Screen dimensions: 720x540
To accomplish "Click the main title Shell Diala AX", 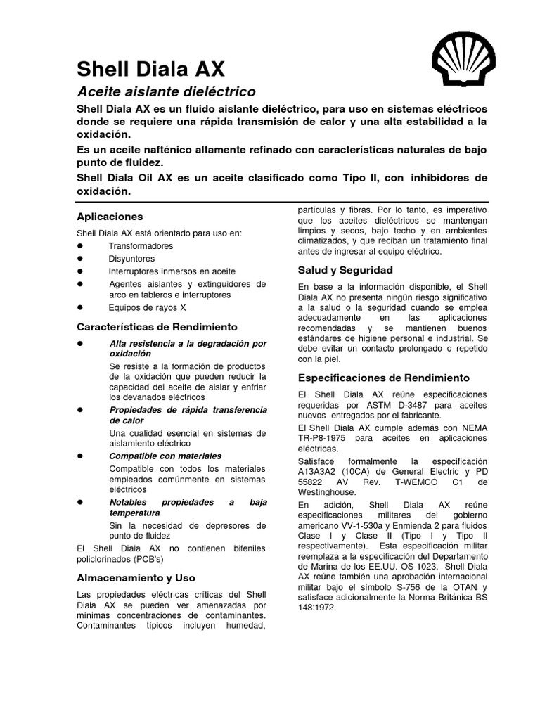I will pyautogui.click(x=150, y=69).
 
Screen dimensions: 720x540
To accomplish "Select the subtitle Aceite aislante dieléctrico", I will pyautogui.click(x=165, y=92).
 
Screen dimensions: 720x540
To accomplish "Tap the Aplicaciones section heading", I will pyautogui.click(x=109, y=217).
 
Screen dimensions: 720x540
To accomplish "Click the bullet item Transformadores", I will pyautogui.click(x=141, y=246).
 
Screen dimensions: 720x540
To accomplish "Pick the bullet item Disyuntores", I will pyautogui.click(x=131, y=259).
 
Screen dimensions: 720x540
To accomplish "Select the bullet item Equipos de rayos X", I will pyautogui.click(x=147, y=308).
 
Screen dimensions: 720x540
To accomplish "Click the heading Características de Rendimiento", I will pyautogui.click(x=157, y=327).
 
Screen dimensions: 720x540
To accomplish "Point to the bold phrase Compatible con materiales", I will pyautogui.click(x=165, y=456).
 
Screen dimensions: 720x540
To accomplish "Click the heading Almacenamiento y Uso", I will pyautogui.click(x=135, y=578).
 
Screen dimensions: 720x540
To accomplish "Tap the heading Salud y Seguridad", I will pyautogui.click(x=345, y=270).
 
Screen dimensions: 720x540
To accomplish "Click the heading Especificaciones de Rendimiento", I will pyautogui.click(x=383, y=378).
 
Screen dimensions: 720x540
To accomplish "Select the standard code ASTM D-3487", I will pyautogui.click(x=398, y=406).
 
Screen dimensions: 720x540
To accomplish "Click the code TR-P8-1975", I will pyautogui.click(x=323, y=438).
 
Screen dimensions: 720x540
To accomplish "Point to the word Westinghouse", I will pyautogui.click(x=326, y=493).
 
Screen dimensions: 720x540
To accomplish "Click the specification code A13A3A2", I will pyautogui.click(x=322, y=471).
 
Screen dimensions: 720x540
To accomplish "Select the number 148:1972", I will pyautogui.click(x=317, y=608).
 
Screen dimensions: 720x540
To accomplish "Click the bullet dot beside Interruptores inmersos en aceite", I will pyautogui.click(x=79, y=271).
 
